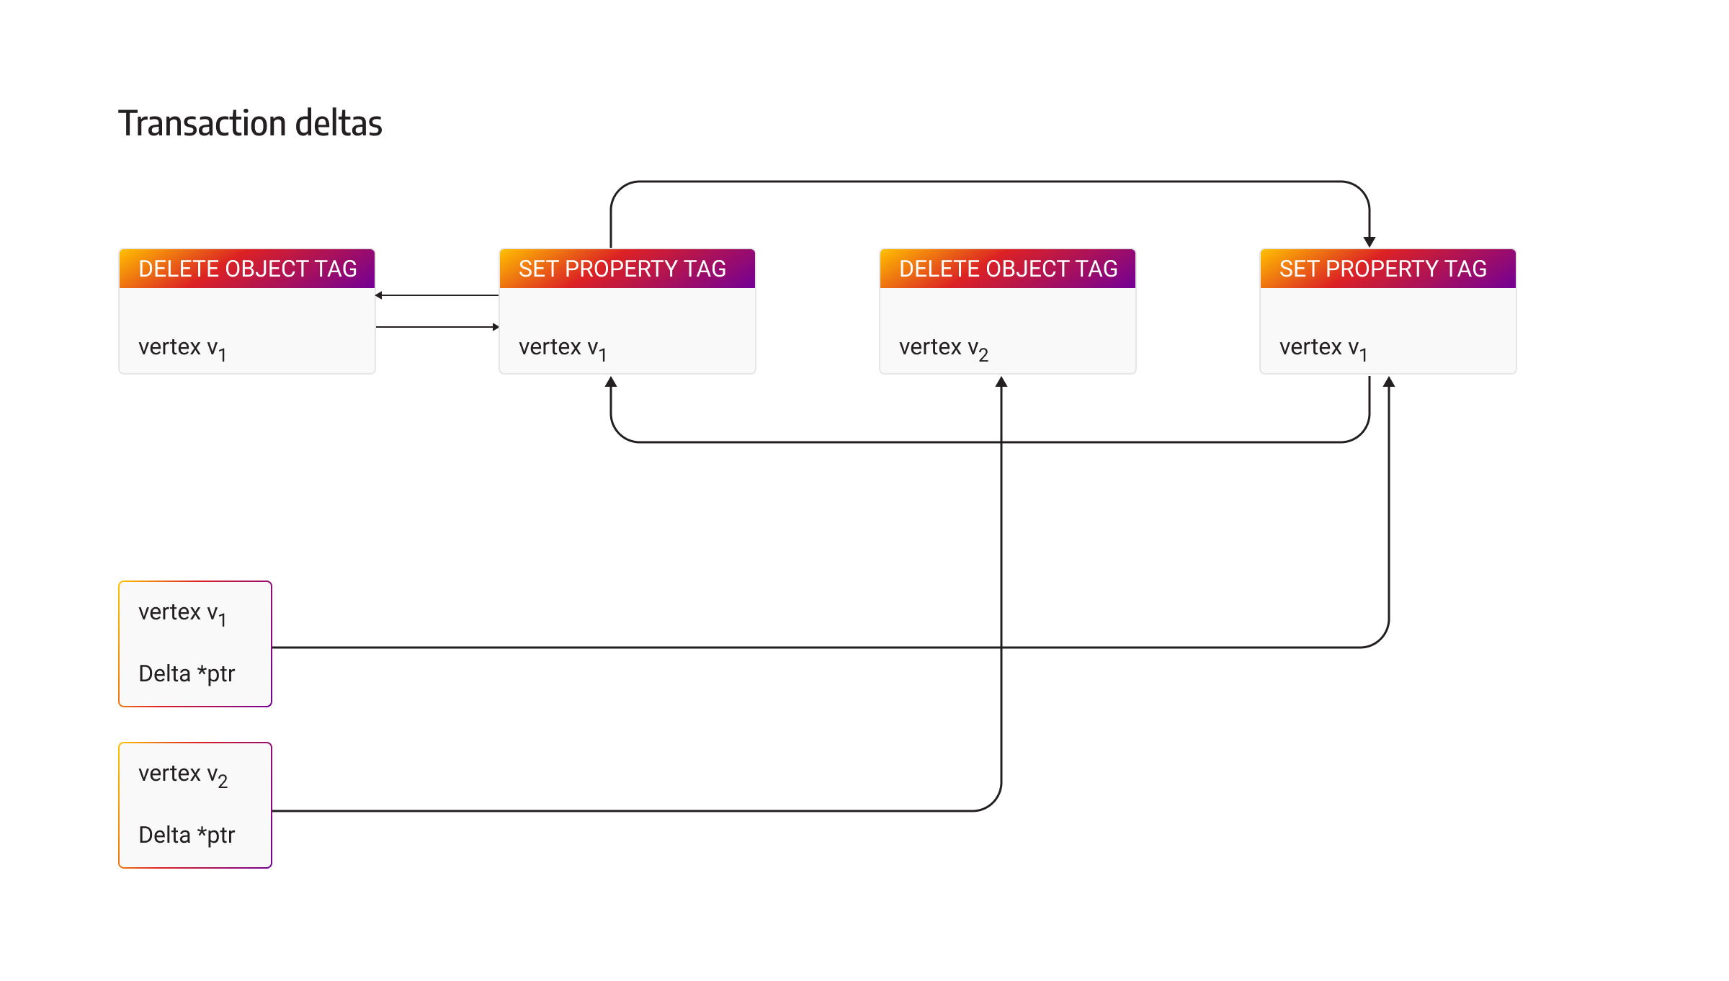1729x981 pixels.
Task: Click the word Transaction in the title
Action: (x=202, y=123)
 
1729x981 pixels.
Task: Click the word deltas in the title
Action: (x=339, y=123)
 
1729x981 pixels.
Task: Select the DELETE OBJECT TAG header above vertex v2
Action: (x=1007, y=269)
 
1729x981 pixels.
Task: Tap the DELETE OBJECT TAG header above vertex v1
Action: (x=247, y=269)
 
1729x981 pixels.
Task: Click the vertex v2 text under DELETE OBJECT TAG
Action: (x=943, y=349)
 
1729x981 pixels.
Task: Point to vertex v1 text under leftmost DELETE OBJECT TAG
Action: (x=182, y=349)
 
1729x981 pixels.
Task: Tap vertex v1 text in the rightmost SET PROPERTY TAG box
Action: (x=1323, y=349)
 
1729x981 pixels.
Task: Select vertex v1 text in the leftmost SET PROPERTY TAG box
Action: (x=562, y=349)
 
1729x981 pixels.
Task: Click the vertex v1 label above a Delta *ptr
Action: (x=182, y=614)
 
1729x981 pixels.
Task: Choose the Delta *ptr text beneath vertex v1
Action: (x=187, y=673)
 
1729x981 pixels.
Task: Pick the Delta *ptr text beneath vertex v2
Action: (x=187, y=835)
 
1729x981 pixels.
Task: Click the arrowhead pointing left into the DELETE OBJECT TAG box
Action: (x=379, y=295)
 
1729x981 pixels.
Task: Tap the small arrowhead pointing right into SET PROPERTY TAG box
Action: (x=496, y=327)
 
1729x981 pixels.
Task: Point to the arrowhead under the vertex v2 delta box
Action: (x=1001, y=382)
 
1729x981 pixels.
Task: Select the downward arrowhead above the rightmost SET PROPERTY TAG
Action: (x=1370, y=242)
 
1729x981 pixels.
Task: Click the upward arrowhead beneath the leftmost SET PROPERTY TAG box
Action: (x=611, y=382)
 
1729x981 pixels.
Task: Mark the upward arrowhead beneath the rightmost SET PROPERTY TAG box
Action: (x=1389, y=382)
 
